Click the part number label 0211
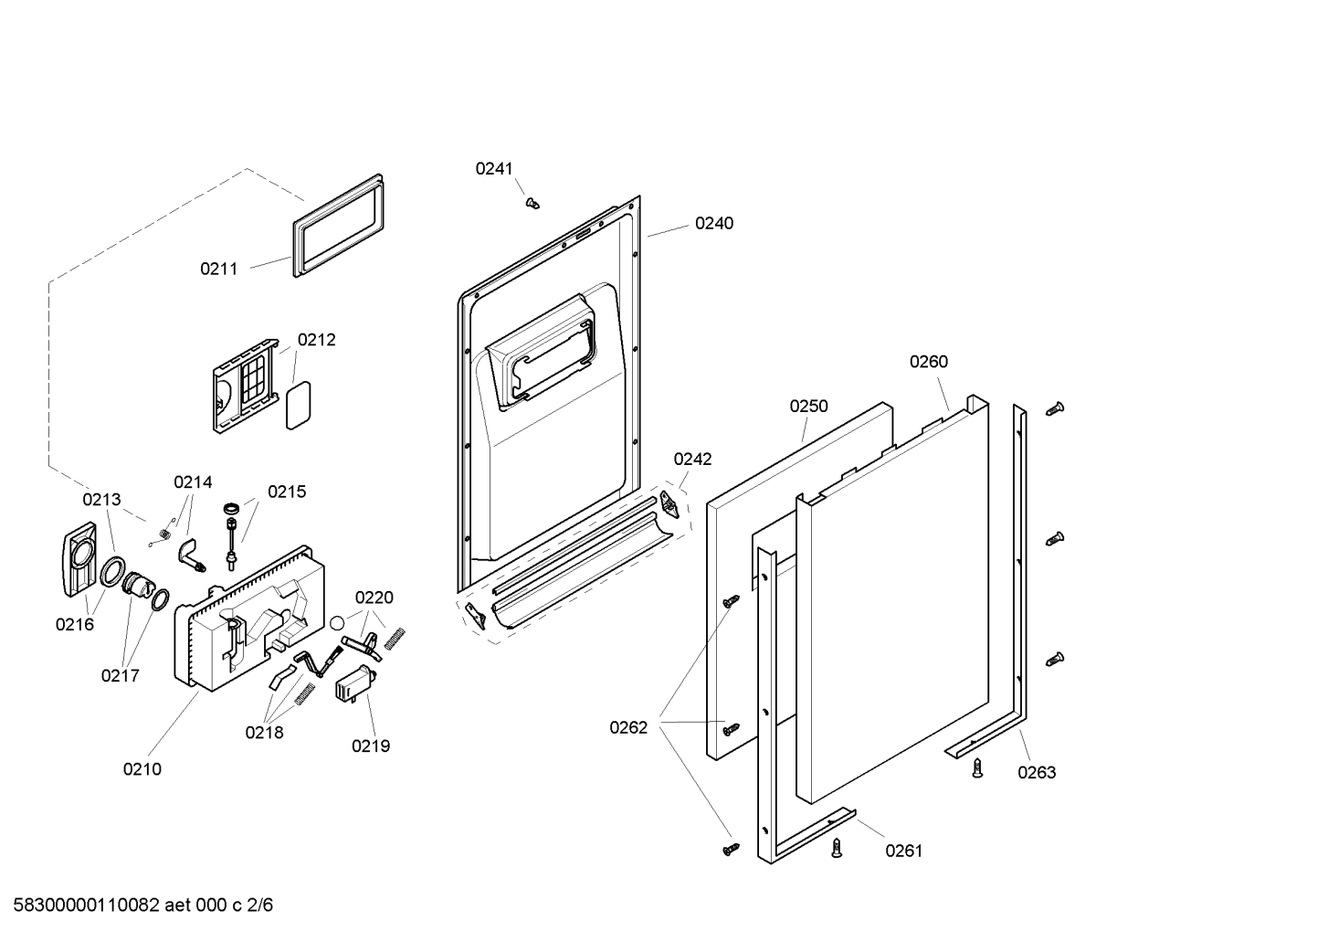tap(218, 269)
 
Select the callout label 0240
tap(713, 223)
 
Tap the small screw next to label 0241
tap(532, 203)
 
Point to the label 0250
tap(808, 406)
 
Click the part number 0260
tap(928, 362)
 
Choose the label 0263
tap(1037, 772)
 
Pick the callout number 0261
tap(903, 851)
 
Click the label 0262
tap(628, 727)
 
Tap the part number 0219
tap(371, 746)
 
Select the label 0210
tap(142, 769)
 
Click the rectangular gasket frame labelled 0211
tap(337, 225)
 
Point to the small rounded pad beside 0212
tap(299, 405)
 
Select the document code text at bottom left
tap(137, 905)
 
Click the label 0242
tap(692, 460)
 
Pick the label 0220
tap(374, 598)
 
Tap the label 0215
tap(287, 492)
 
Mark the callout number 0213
tap(101, 499)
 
